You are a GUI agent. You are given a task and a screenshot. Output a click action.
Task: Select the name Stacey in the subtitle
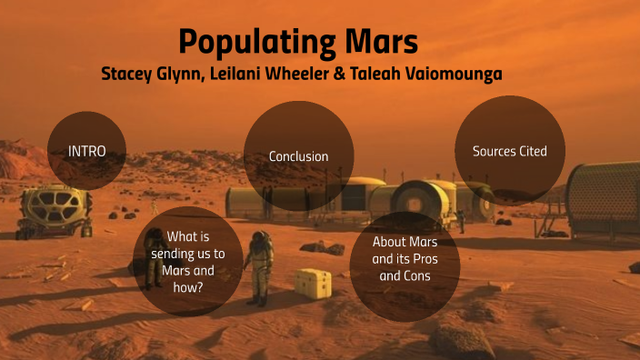(x=128, y=74)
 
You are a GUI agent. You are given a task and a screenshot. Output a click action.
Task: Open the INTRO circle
(x=86, y=151)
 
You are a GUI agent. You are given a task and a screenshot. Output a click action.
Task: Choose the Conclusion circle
(x=298, y=155)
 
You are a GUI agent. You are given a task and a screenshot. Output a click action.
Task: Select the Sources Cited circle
(x=509, y=150)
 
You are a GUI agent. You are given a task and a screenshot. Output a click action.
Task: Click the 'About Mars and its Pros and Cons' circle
(x=405, y=259)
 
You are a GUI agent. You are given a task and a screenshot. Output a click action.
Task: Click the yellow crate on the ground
(x=313, y=282)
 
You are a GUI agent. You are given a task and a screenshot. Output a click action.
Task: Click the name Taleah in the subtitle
(x=378, y=74)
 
